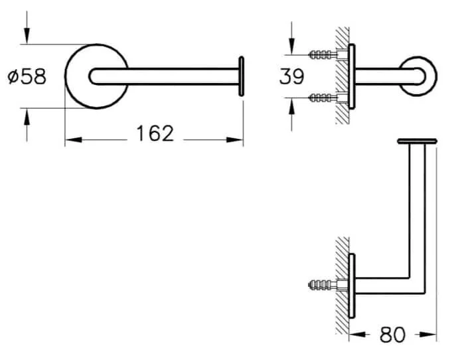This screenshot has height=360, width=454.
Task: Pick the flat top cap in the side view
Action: point(417,141)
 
